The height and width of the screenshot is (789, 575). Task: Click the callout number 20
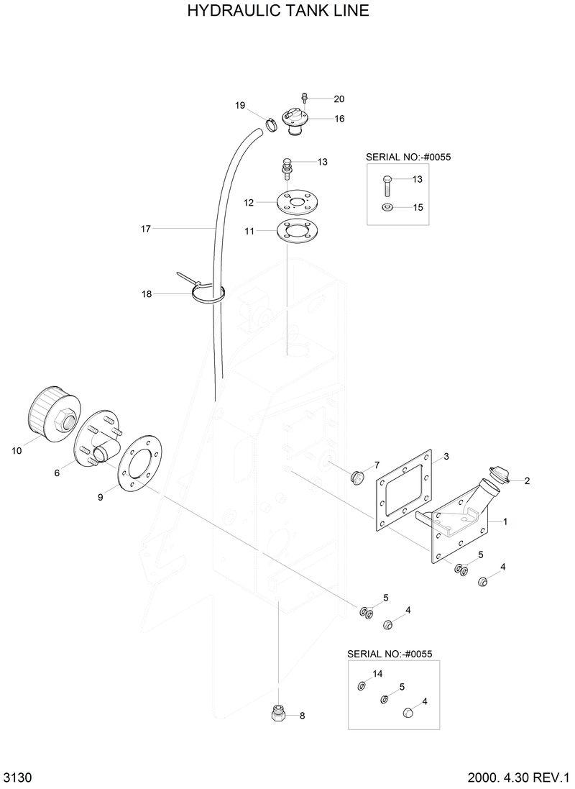point(339,99)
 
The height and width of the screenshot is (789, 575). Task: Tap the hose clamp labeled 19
point(270,124)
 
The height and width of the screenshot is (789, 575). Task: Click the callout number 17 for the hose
point(145,229)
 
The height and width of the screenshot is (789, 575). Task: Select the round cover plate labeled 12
point(295,202)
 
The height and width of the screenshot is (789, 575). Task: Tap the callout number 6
point(56,473)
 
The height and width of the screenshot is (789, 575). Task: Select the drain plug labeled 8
point(279,714)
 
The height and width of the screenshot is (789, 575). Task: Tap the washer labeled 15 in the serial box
point(387,208)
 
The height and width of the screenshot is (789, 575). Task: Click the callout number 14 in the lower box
point(378,674)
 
